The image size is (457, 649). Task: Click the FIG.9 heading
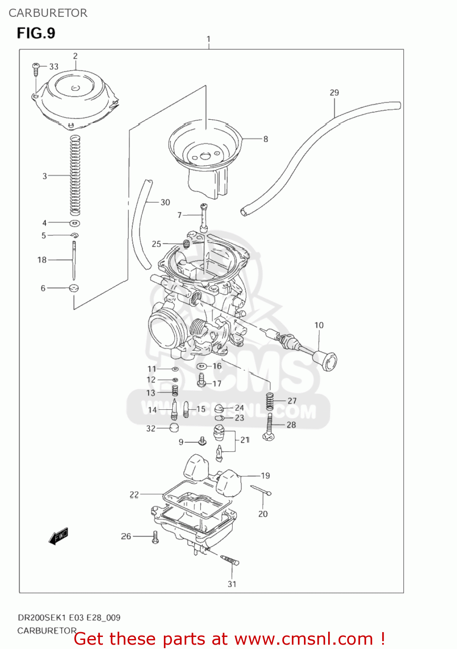point(36,33)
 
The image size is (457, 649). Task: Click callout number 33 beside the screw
point(54,67)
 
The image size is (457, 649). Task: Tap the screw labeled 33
point(35,67)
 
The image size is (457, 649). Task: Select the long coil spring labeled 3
point(75,175)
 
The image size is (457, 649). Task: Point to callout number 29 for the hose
point(334,93)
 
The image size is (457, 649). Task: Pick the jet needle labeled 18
point(74,260)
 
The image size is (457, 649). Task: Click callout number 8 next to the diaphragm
point(265,139)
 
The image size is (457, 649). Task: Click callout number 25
point(156,244)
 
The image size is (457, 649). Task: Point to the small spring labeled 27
point(270,401)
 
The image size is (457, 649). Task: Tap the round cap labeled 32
point(174,428)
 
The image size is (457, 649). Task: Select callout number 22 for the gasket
point(134,495)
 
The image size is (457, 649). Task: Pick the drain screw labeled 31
point(230,560)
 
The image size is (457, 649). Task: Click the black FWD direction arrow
point(59,536)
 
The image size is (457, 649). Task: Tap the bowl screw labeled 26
point(155,537)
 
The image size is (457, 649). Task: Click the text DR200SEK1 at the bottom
point(42,618)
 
